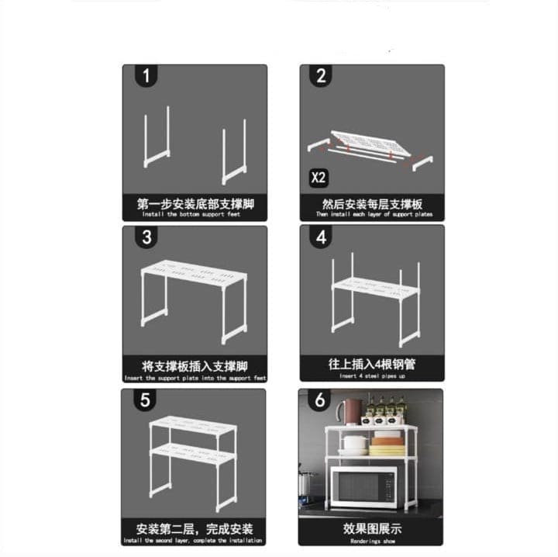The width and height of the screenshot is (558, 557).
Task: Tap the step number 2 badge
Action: (322, 77)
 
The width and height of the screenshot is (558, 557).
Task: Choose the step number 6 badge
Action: (322, 402)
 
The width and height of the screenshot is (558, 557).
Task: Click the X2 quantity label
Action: (319, 177)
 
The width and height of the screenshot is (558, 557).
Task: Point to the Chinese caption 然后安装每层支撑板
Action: (372, 205)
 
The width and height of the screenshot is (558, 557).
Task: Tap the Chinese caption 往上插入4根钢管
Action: (372, 364)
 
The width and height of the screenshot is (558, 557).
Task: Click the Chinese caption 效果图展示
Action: (372, 528)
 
